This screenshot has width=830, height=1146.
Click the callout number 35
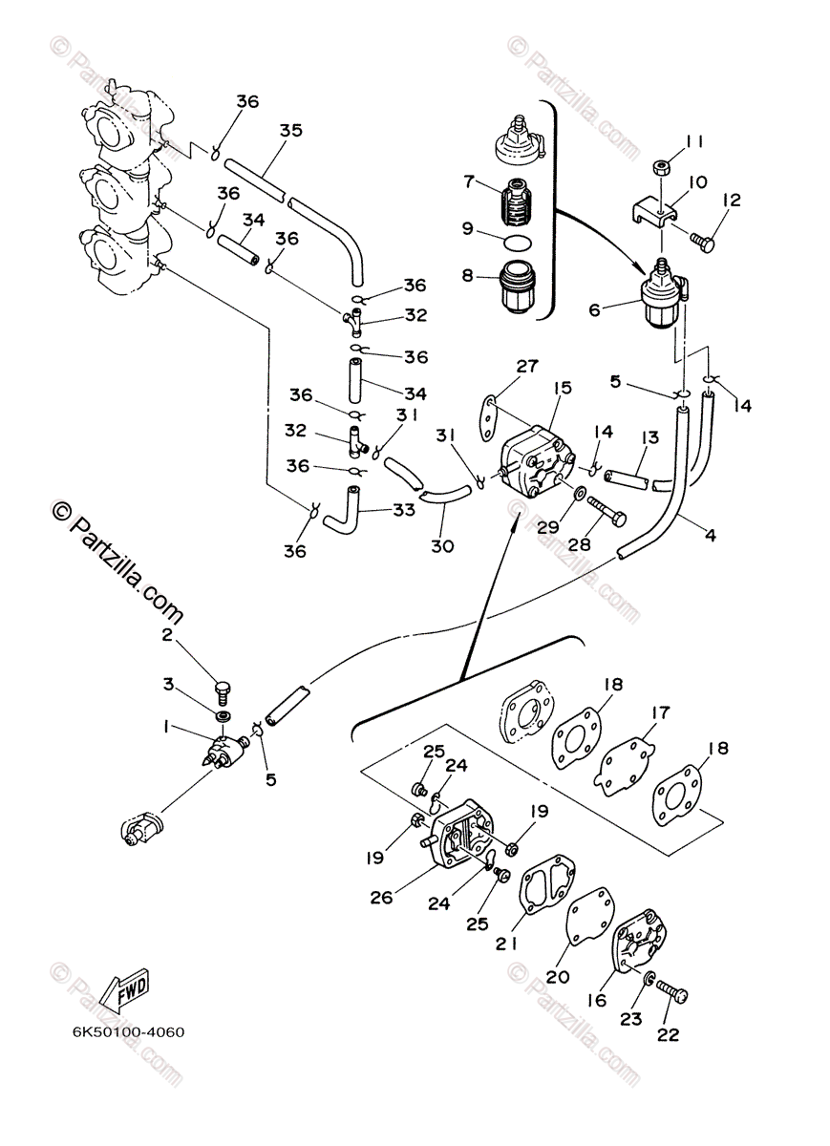tap(291, 131)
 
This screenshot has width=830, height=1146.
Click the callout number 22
tap(669, 1035)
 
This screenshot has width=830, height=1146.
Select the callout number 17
tap(660, 712)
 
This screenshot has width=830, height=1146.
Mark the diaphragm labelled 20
tap(588, 923)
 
